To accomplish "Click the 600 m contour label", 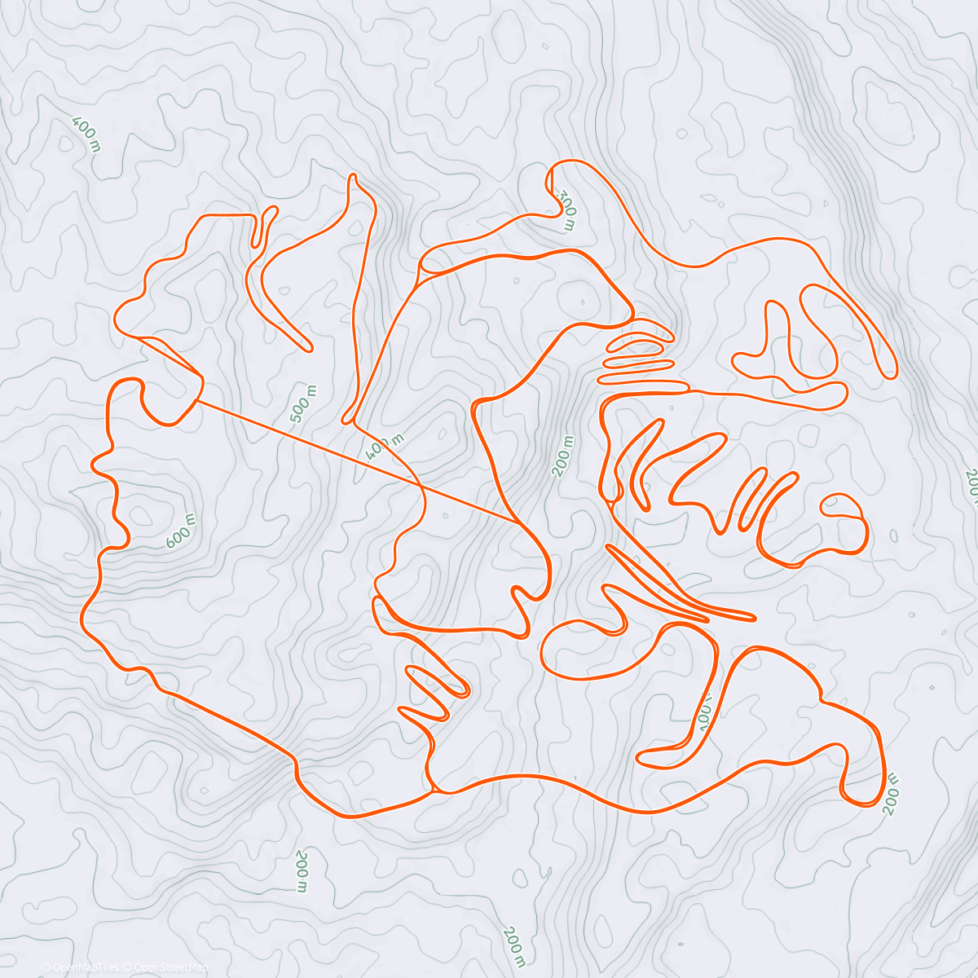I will click(180, 531).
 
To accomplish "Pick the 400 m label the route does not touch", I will click(86, 134).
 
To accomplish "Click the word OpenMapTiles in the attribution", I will click(86, 967).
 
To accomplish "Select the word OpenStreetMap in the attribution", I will click(170, 967).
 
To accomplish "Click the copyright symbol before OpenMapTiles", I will click(46, 967).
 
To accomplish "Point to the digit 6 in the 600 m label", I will click(170, 541).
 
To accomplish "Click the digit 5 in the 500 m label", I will click(295, 417).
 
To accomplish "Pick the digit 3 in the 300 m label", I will click(562, 196).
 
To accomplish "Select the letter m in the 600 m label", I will click(191, 519).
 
